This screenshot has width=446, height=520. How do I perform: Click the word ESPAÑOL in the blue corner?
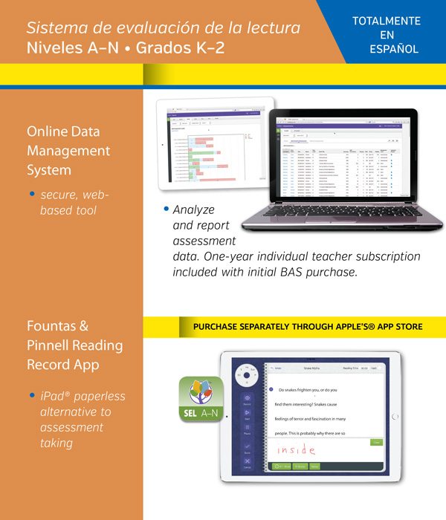394,49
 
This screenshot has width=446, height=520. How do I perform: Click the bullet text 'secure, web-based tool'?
74,202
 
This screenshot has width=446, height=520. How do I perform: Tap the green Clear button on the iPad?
376,442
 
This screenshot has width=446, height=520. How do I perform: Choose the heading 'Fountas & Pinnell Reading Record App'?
74,345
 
